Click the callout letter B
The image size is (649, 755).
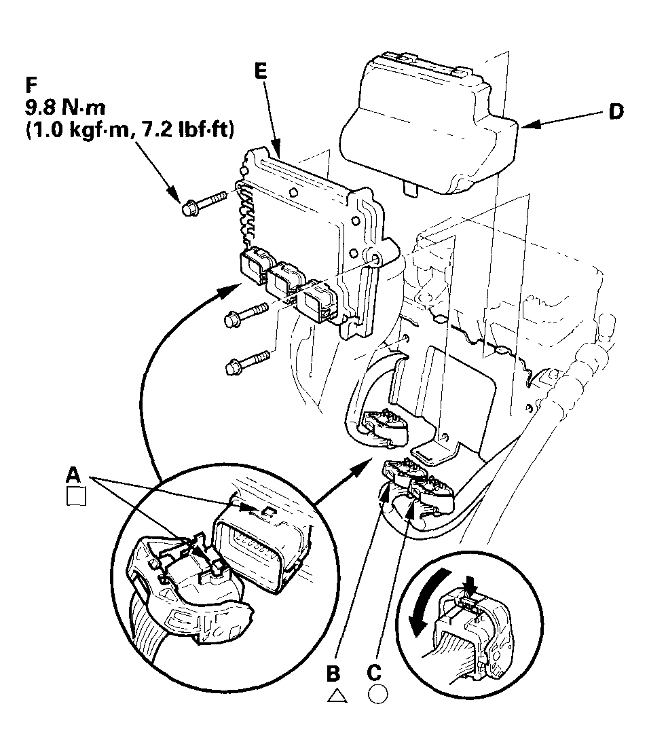pos(333,673)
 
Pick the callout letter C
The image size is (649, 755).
pos(374,673)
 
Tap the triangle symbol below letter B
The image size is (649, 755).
pos(334,695)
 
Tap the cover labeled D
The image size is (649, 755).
pos(428,122)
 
